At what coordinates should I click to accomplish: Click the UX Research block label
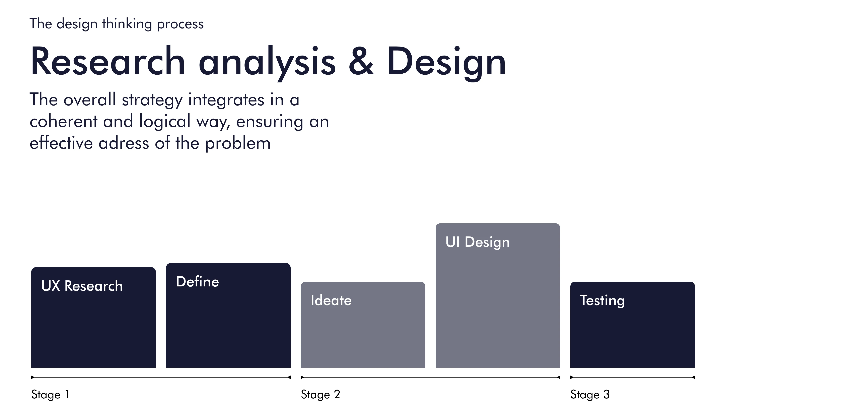click(82, 286)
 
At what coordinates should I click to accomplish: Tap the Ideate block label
click(331, 300)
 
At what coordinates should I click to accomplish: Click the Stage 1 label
click(51, 395)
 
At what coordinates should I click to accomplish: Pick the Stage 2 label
click(320, 395)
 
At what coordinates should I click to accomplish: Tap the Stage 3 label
click(590, 395)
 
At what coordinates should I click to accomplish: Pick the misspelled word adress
click(124, 143)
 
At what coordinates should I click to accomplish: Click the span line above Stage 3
click(633, 377)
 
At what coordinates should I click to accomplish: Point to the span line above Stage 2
click(430, 377)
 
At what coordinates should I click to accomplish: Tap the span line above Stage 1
click(161, 377)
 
